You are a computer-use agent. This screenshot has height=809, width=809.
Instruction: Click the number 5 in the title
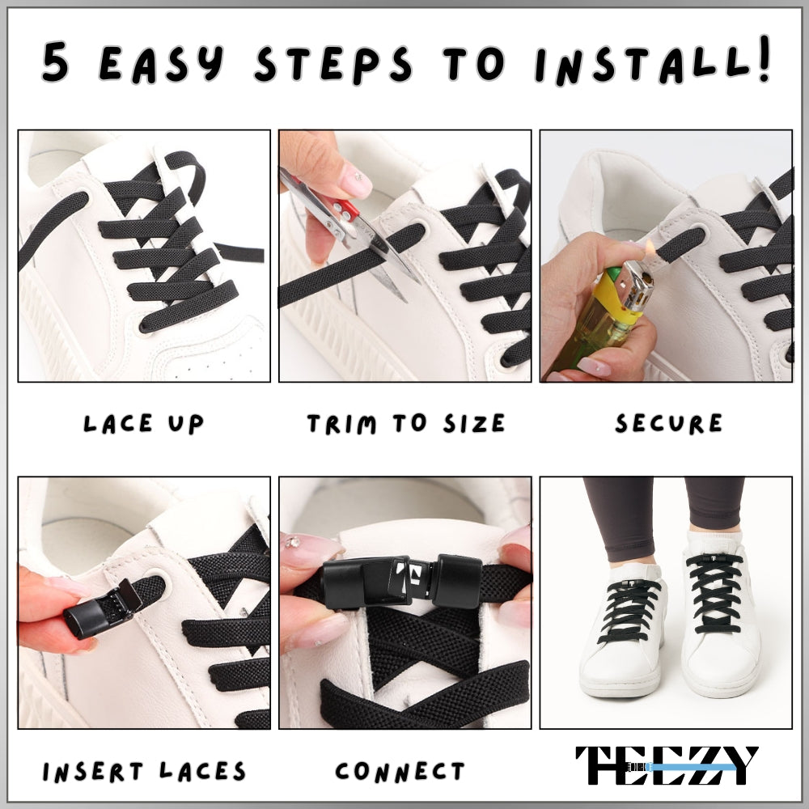(55, 63)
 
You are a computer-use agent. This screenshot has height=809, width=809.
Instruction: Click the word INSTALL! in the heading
(651, 63)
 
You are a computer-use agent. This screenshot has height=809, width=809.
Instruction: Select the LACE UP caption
(143, 423)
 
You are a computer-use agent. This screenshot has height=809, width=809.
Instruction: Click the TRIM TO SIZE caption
(405, 423)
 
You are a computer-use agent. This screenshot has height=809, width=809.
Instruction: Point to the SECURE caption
(668, 423)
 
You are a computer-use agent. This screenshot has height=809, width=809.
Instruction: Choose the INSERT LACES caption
(144, 771)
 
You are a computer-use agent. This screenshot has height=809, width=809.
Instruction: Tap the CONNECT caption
(400, 771)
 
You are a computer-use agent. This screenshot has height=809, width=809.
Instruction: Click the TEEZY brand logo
(667, 765)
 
